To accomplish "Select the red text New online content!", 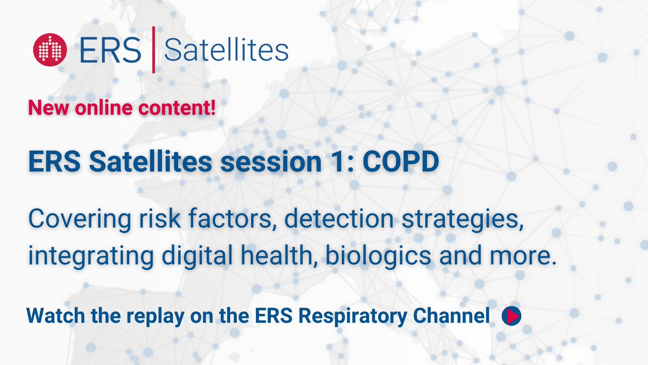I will [x=122, y=108].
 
